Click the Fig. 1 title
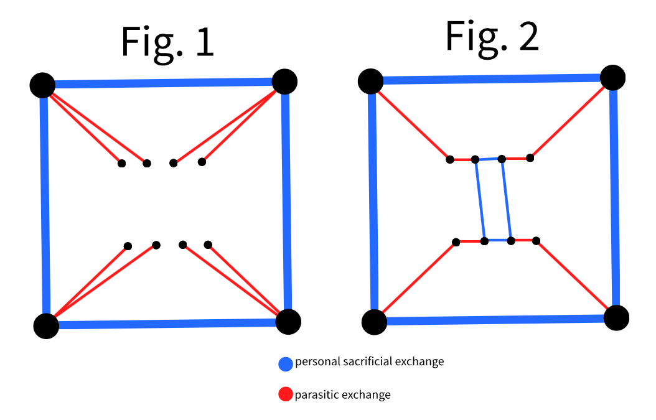pos(167,43)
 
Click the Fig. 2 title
pos(492,37)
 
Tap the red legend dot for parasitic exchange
pos(286,394)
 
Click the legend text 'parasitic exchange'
pos(342,394)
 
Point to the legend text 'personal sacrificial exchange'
pos(369,362)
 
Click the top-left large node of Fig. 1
pos(42,85)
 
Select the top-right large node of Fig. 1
pos(284,80)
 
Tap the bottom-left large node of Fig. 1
pos(46,325)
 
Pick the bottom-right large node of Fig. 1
pos(288,321)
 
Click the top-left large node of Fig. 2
pos(371,80)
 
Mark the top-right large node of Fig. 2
pos(612,77)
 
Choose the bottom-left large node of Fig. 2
pos(375,322)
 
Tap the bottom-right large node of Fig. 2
pos(616,318)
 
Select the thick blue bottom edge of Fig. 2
pos(495,320)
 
